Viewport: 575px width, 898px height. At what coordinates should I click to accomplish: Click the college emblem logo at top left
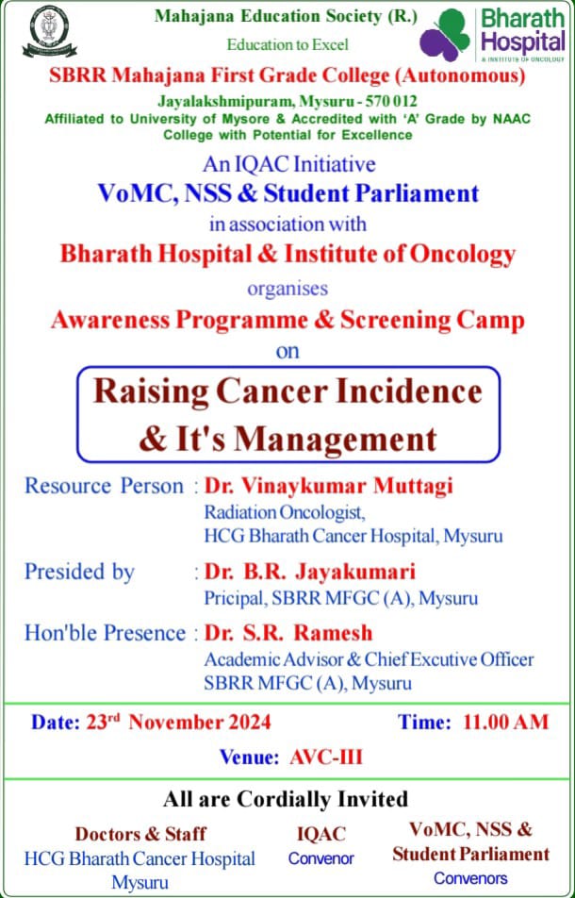tap(49, 30)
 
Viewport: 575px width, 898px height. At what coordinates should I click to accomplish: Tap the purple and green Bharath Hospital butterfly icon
tap(445, 34)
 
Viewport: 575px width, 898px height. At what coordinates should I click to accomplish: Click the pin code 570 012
tap(384, 101)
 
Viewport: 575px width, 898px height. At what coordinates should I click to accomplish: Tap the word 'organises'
tap(287, 288)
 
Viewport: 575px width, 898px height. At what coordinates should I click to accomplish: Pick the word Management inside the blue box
tap(336, 440)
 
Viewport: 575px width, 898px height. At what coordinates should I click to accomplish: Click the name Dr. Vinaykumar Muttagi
tap(329, 486)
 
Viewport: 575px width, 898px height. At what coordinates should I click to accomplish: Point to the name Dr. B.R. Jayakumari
tap(310, 572)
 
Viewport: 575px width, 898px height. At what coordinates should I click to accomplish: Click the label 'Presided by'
tap(79, 573)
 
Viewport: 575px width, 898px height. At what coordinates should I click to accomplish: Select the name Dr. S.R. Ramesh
tap(288, 633)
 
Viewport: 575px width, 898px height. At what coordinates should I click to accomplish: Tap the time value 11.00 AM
tap(506, 722)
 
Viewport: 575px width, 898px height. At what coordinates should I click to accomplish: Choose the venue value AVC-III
tap(326, 757)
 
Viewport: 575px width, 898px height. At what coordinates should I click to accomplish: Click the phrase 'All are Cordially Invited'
tap(286, 799)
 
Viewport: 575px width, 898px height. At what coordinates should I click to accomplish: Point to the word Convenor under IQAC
tap(321, 858)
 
